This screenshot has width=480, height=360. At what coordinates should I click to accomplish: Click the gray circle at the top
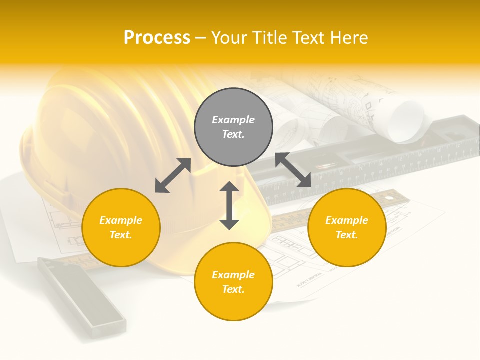(233, 127)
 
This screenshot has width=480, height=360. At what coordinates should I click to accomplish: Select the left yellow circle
(121, 227)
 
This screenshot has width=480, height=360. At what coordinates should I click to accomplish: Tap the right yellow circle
(347, 227)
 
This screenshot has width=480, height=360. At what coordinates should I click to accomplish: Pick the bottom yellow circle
(233, 281)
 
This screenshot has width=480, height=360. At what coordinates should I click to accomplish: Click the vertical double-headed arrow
(229, 205)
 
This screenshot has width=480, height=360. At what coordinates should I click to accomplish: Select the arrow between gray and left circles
(173, 175)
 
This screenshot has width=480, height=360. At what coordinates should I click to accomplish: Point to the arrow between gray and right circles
(293, 170)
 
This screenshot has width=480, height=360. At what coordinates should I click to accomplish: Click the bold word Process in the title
(157, 37)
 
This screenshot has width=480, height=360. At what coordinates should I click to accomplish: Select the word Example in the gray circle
(233, 120)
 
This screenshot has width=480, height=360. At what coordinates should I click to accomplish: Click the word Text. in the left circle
(121, 235)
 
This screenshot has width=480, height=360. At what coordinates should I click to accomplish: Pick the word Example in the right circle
(347, 220)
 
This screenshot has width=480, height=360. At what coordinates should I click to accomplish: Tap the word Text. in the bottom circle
(233, 289)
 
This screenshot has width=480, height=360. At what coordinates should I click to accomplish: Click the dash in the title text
(201, 38)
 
